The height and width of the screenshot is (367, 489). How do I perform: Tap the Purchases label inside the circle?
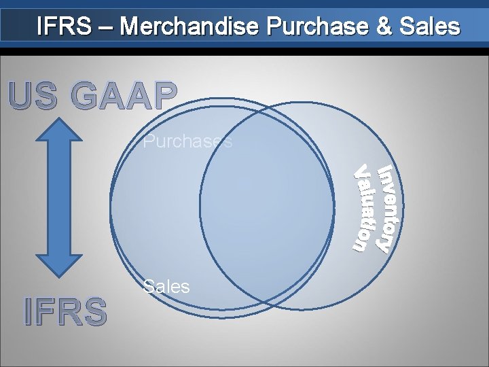click(x=188, y=142)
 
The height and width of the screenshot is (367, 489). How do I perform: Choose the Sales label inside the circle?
click(x=166, y=286)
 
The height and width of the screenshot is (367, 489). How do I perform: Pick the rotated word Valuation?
click(x=367, y=207)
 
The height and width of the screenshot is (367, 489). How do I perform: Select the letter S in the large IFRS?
click(x=93, y=312)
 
